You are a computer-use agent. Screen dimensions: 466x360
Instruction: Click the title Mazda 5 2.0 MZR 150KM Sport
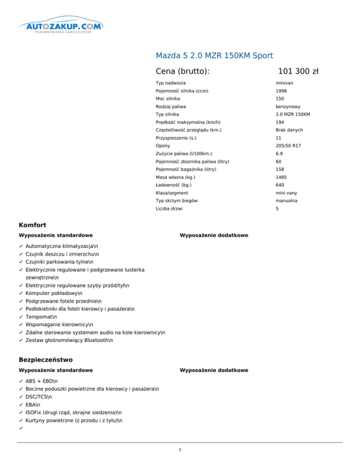pyautogui.click(x=214, y=55)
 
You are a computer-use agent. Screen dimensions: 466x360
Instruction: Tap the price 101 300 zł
pyautogui.click(x=298, y=71)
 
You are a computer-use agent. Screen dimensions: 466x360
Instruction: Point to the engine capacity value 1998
pyautogui.click(x=281, y=91)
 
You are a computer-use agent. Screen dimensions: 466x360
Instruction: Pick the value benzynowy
pyautogui.click(x=289, y=106)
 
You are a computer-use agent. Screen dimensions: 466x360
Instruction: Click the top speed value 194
pyautogui.click(x=280, y=122)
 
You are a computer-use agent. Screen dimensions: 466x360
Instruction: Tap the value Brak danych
pyautogui.click(x=289, y=130)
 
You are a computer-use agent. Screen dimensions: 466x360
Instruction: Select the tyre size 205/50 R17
pyautogui.click(x=288, y=146)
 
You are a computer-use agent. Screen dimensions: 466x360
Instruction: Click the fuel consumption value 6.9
pyautogui.click(x=279, y=153)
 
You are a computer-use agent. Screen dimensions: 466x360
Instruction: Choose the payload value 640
pyautogui.click(x=280, y=185)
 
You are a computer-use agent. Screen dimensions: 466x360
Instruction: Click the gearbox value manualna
pyautogui.click(x=287, y=201)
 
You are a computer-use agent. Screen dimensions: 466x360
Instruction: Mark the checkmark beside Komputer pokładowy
pyautogui.click(x=21, y=293)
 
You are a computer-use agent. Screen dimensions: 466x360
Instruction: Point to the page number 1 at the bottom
pyautogui.click(x=180, y=451)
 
